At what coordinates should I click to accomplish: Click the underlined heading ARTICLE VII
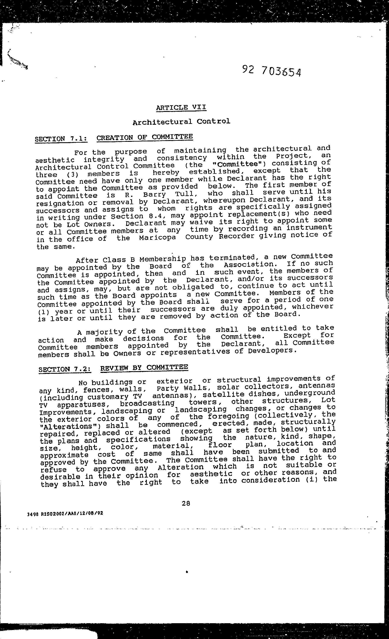[181, 107]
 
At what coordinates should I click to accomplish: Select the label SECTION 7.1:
[61, 139]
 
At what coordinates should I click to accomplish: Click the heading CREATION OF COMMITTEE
[145, 137]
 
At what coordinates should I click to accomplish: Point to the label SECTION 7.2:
[65, 369]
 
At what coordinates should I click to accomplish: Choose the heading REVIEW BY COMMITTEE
[144, 368]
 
